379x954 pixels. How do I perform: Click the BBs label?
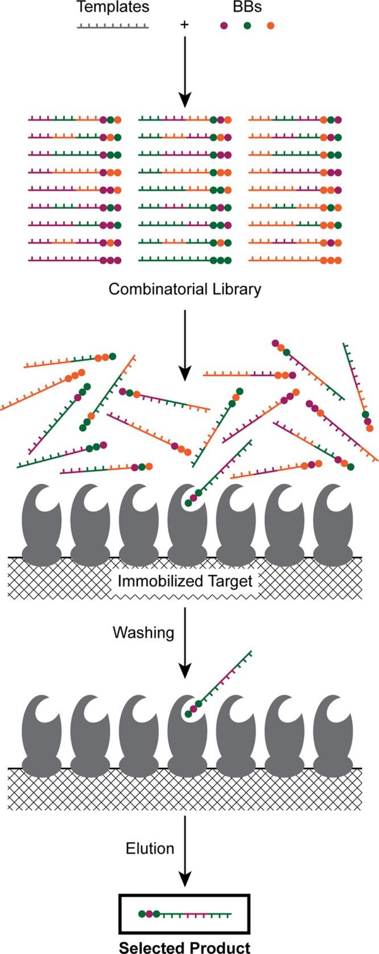pos(247,9)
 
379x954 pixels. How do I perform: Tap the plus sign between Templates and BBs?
pos(184,25)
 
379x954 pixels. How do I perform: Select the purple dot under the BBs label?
pos(224,26)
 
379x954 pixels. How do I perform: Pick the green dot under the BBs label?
pos(247,26)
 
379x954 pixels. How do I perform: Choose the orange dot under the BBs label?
pos(270,26)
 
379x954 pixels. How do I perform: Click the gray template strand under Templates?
pos(113,26)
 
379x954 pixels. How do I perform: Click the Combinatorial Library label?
pos(185,289)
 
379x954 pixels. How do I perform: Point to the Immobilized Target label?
pos(185,581)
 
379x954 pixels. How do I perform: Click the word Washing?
pos(143,632)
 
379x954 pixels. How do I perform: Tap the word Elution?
pos(150,848)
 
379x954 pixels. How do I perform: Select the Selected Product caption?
pos(184,947)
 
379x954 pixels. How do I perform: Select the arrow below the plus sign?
pos(184,71)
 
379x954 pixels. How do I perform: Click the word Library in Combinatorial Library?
pos(236,289)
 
